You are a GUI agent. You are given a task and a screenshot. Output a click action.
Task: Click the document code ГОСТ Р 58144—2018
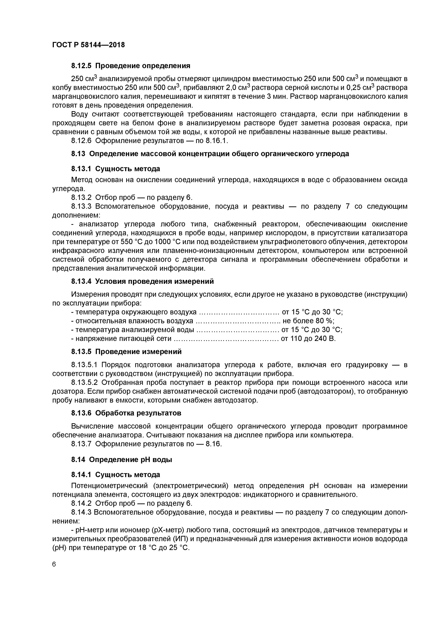(88, 45)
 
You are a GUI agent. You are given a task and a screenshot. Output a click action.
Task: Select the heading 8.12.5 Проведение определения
(131, 66)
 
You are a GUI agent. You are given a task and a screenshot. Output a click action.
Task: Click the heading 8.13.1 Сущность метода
(115, 169)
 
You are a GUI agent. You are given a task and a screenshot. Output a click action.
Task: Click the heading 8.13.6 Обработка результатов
(126, 413)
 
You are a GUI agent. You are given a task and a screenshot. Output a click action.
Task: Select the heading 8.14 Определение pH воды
(122, 460)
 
